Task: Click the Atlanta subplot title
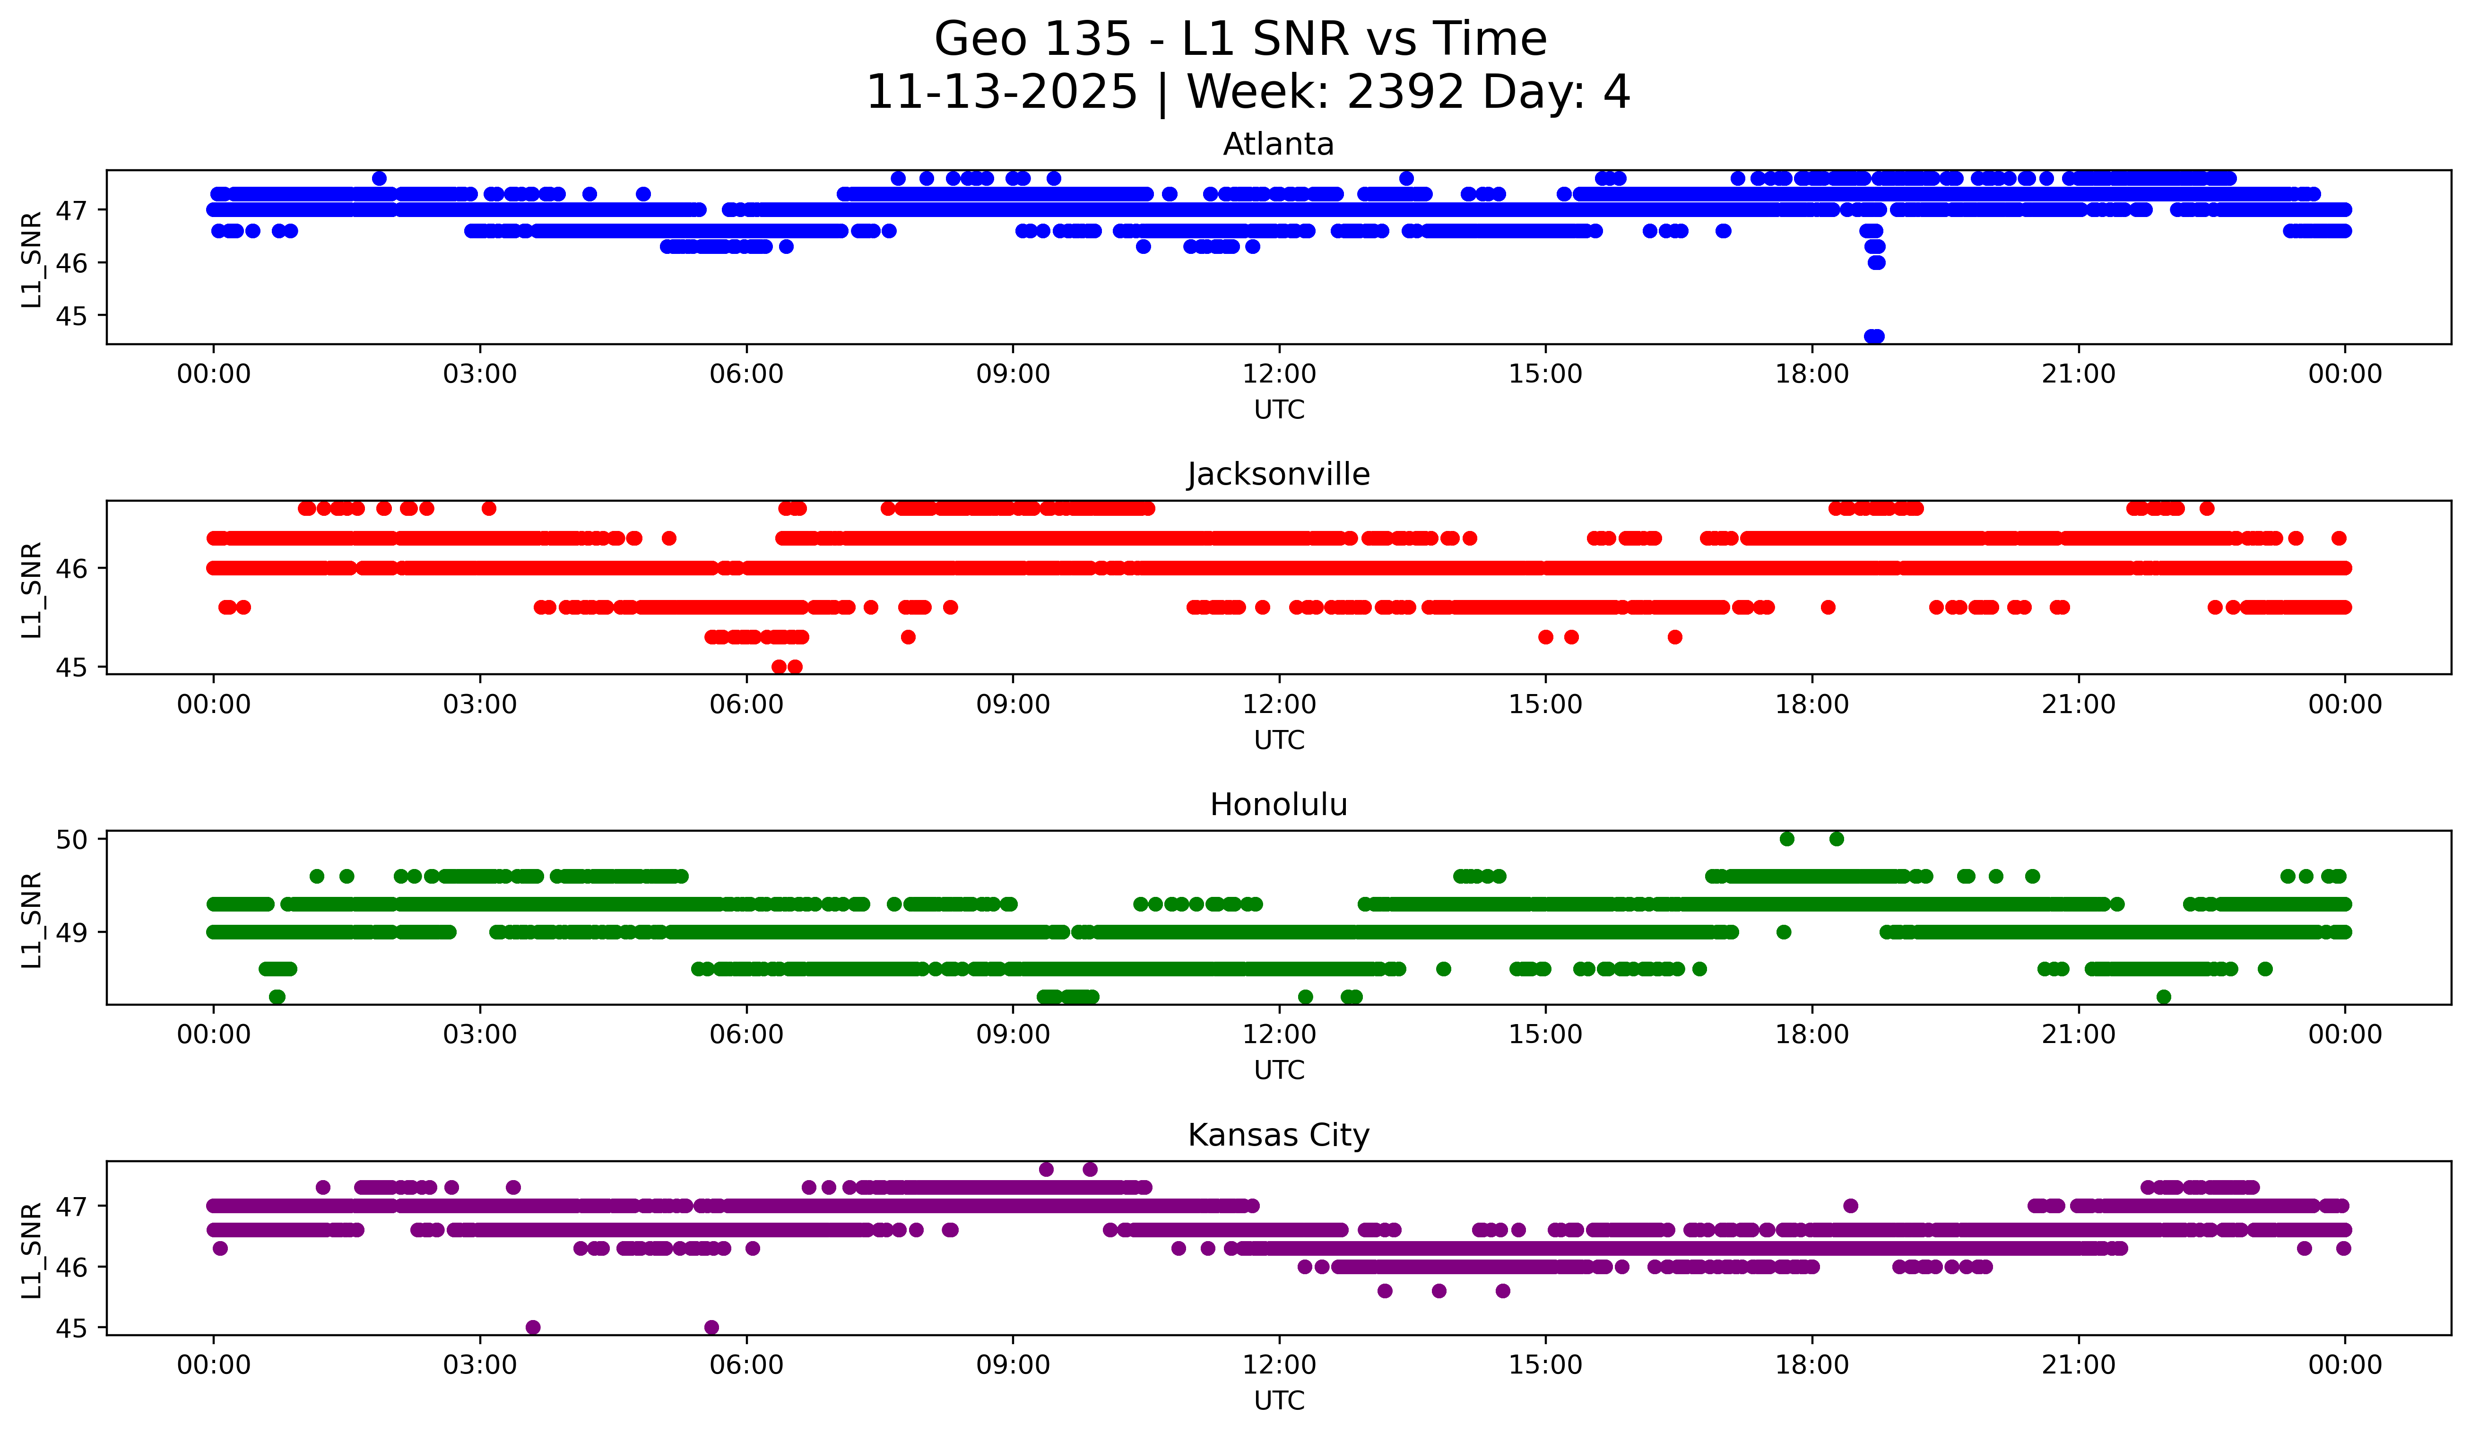[x=1278, y=144]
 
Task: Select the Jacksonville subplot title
[x=1278, y=474]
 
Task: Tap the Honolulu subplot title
[x=1278, y=805]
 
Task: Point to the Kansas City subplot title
[x=1278, y=1135]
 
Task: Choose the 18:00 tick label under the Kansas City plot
[x=1811, y=1365]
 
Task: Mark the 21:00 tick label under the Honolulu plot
[x=2078, y=1035]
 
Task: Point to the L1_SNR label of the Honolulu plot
[x=31, y=920]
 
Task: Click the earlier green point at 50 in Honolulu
[x=1787, y=839]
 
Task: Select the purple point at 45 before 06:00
[x=711, y=1327]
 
